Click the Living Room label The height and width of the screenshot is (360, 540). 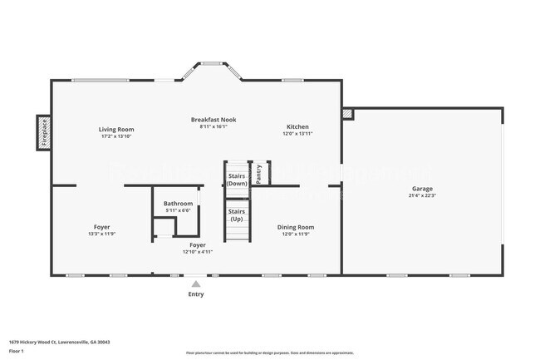click(x=116, y=129)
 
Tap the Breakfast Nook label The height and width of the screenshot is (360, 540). click(x=214, y=120)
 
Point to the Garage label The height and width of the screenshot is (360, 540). click(x=421, y=189)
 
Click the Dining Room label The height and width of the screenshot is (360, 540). click(x=296, y=226)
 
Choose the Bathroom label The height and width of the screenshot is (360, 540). click(x=178, y=204)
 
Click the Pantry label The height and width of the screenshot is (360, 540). click(x=259, y=174)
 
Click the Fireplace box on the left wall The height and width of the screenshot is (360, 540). click(x=44, y=132)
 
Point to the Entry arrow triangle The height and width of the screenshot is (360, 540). click(x=196, y=284)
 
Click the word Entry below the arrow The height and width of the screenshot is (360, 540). click(x=196, y=293)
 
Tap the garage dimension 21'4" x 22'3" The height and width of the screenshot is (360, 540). click(x=421, y=195)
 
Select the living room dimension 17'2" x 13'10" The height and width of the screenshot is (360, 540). click(x=116, y=136)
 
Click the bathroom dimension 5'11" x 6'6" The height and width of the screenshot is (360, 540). click(x=178, y=210)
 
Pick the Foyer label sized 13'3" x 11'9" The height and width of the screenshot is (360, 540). click(x=102, y=227)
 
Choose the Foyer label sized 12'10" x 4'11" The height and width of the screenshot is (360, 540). click(x=198, y=245)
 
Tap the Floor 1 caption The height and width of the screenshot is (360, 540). click(x=17, y=351)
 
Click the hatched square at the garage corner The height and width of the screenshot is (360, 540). click(x=347, y=114)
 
